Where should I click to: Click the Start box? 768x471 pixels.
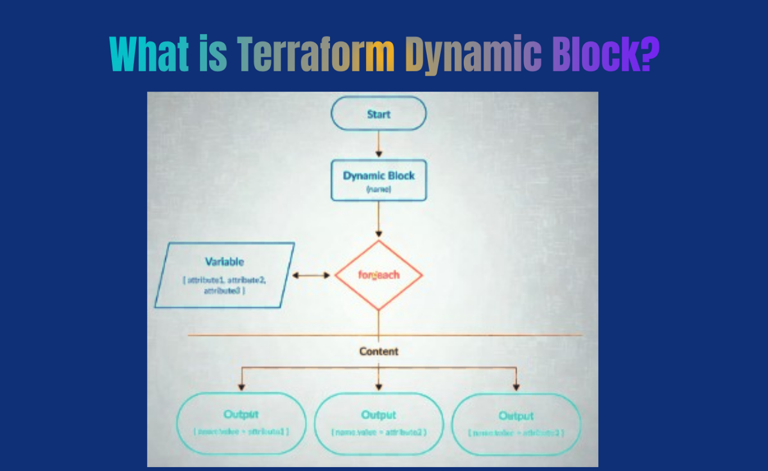tap(378, 114)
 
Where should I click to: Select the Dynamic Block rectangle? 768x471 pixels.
tap(378, 180)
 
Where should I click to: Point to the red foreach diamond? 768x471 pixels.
tap(378, 276)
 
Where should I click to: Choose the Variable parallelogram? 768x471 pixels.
tap(224, 275)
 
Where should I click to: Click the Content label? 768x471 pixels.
tap(378, 351)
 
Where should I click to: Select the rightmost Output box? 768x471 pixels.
tap(516, 424)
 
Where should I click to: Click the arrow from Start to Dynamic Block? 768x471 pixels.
tap(378, 145)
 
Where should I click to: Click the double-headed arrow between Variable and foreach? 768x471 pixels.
tap(311, 276)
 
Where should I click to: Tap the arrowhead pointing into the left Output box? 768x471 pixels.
tap(242, 386)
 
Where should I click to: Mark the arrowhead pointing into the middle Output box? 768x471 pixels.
tap(378, 386)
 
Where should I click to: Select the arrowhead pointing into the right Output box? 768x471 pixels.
tap(516, 386)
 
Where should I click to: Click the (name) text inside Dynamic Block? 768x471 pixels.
tap(378, 190)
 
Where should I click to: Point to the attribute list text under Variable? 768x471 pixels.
tap(224, 285)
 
